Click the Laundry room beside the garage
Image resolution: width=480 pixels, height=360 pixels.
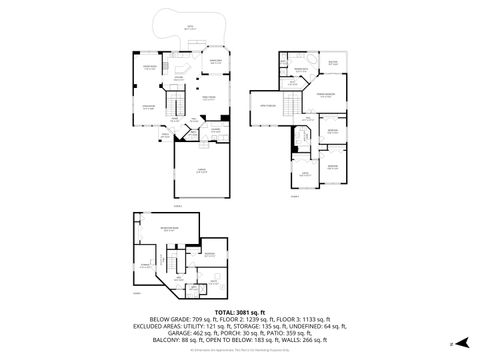tap(215, 129)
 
